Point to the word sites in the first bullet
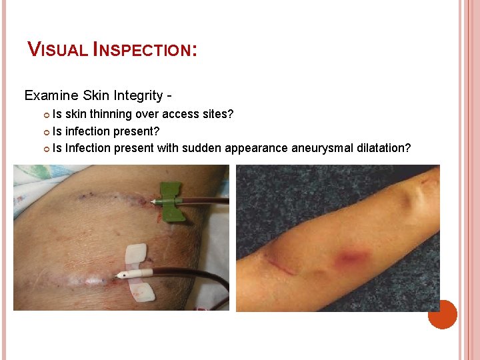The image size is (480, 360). (217, 114)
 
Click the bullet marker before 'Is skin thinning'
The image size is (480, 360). (47, 115)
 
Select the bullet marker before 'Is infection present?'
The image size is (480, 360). (47, 131)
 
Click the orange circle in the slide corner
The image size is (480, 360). (443, 314)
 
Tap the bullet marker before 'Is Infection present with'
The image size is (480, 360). (47, 148)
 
